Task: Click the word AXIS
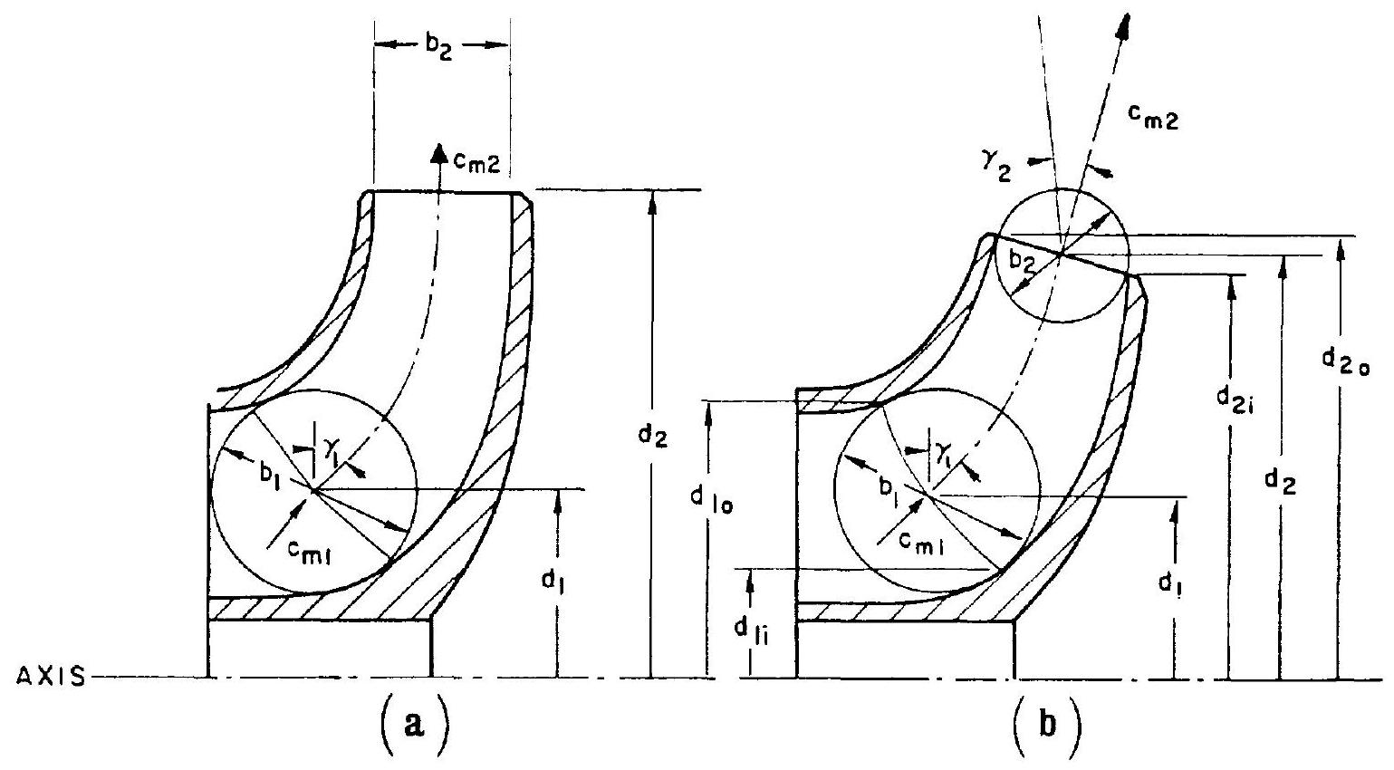coord(51,676)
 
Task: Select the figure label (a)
coord(414,723)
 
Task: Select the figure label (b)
coord(1048,724)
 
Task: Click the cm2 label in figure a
coord(476,164)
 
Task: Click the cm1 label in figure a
coord(309,552)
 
